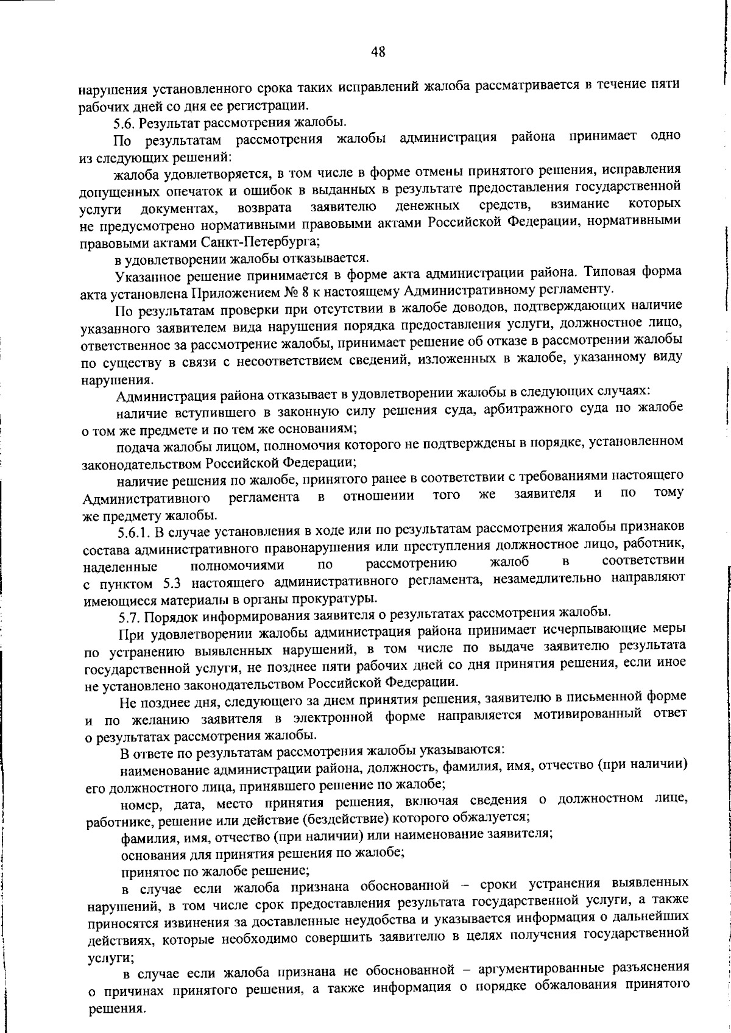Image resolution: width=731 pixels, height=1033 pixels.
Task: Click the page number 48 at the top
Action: [378, 52]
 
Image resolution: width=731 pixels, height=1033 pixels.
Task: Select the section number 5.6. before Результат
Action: [125, 123]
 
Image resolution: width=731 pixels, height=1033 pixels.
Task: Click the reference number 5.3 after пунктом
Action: [175, 582]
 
